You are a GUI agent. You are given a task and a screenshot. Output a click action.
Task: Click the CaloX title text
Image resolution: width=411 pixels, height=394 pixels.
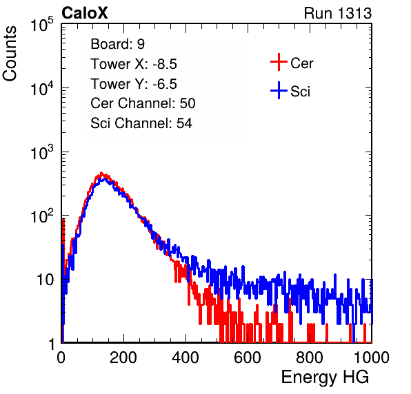(x=85, y=13)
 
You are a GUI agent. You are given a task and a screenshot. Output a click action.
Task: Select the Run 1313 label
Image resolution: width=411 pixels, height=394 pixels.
(x=338, y=13)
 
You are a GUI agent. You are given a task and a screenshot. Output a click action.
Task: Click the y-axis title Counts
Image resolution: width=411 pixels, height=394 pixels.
(x=10, y=54)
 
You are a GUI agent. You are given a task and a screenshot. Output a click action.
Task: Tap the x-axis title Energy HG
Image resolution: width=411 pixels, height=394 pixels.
(x=325, y=377)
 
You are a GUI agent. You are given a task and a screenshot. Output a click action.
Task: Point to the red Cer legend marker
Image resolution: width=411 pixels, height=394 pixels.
(x=279, y=62)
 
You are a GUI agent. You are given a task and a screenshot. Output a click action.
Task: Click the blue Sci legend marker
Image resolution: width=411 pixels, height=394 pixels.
(x=279, y=90)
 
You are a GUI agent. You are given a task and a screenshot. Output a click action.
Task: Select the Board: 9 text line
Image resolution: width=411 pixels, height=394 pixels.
(x=118, y=44)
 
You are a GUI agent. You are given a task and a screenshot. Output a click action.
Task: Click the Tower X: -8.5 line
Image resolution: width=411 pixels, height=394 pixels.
(x=134, y=64)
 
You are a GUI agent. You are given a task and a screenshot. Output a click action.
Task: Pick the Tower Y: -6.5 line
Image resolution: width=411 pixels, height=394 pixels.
(x=134, y=84)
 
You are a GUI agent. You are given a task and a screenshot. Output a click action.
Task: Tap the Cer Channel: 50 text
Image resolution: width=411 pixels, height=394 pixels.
(x=143, y=103)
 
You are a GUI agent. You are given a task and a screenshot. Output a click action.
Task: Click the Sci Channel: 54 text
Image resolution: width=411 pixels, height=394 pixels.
(x=141, y=123)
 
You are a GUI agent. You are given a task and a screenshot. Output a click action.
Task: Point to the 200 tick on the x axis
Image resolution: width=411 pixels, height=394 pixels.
(x=123, y=357)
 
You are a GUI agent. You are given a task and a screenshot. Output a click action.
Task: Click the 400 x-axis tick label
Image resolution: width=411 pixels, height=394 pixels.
(x=186, y=357)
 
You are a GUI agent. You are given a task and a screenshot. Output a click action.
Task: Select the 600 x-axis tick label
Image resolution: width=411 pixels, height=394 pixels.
(x=248, y=357)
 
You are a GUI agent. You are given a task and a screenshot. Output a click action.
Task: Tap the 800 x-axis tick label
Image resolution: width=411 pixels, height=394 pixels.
(x=310, y=357)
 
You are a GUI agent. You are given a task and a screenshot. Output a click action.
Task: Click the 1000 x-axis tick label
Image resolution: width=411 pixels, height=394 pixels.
(x=372, y=357)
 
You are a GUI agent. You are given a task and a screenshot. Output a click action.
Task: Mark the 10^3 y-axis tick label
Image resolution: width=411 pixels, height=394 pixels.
(x=42, y=152)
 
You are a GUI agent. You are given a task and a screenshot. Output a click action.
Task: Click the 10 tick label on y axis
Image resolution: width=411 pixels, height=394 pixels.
(x=45, y=280)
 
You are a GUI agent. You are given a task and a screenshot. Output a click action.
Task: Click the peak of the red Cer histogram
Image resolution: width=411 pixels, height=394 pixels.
(x=101, y=173)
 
